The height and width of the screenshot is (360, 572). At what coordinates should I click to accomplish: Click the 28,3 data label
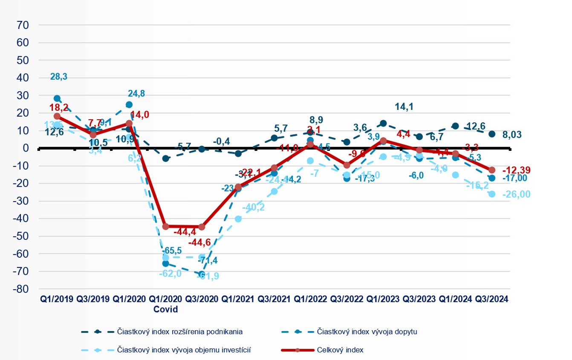point(59,77)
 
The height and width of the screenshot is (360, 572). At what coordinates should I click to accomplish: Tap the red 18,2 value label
point(59,107)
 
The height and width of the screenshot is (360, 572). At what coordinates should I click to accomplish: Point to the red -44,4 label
point(185,232)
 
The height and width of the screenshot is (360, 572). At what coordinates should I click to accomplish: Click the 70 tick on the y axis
point(23,25)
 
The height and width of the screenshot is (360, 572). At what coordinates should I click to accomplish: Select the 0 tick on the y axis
point(25,148)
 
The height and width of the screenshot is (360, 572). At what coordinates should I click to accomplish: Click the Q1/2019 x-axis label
point(57,299)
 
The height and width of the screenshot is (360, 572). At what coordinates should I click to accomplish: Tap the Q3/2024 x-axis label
point(491,299)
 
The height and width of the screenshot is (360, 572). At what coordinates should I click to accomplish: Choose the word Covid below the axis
point(165,310)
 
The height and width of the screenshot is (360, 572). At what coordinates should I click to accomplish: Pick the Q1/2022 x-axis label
point(310,299)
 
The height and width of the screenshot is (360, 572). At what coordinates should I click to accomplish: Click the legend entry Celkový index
point(340,350)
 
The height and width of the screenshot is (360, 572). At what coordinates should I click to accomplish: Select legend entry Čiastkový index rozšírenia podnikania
point(174,331)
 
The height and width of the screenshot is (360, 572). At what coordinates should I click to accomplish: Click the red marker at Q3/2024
point(491,170)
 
